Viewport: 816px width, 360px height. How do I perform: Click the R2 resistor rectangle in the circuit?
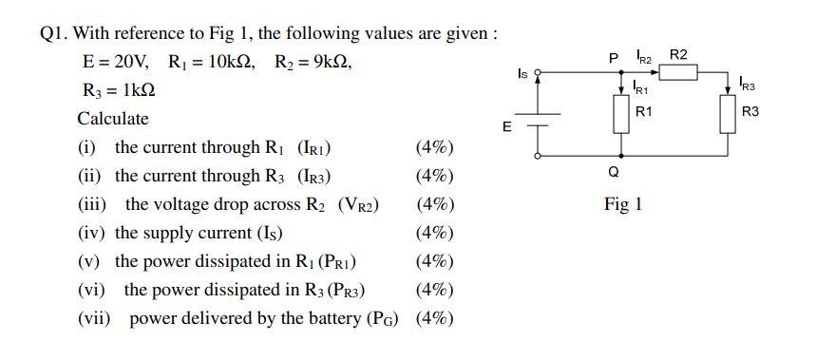pos(678,72)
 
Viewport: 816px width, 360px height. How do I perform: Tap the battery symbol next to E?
pos(540,121)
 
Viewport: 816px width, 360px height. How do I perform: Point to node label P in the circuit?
pos(614,59)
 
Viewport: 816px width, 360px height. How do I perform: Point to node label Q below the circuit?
pos(614,172)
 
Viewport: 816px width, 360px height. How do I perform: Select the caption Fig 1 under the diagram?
pos(623,204)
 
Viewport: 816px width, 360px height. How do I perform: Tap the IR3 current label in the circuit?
pos(748,85)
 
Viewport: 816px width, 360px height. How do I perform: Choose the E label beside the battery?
pos(506,124)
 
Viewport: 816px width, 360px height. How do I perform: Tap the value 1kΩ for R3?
pos(132,92)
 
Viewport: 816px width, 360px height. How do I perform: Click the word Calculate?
pos(113,120)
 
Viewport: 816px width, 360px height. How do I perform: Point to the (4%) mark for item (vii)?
pos(434,319)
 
